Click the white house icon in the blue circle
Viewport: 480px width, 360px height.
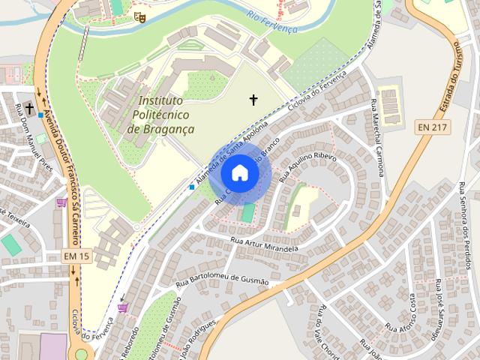click(239, 172)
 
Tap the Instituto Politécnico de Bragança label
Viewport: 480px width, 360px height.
click(161, 115)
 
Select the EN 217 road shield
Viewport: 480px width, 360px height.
click(433, 127)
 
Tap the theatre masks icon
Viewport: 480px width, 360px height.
click(138, 16)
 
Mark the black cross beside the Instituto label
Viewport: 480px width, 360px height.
click(253, 99)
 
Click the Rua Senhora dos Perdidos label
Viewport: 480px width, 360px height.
click(464, 225)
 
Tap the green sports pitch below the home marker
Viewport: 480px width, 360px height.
click(248, 213)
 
